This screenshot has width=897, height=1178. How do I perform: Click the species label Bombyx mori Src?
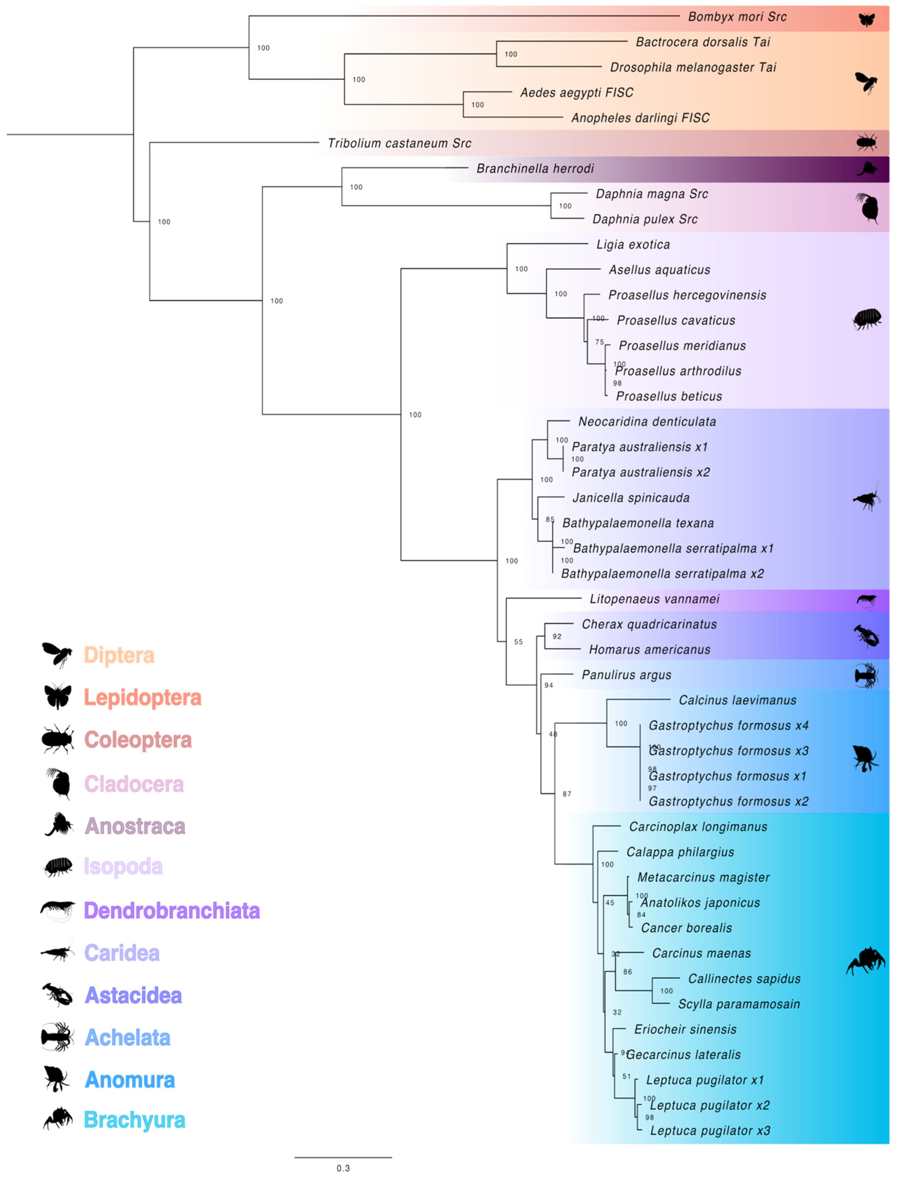coord(737,17)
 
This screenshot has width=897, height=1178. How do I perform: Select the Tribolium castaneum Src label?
coord(399,143)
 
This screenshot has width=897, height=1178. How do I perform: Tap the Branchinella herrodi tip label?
coord(535,169)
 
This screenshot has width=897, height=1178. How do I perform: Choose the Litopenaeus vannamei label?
coord(654,599)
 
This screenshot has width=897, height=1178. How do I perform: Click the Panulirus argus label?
coord(626,675)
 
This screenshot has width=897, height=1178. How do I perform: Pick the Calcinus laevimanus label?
coord(737,700)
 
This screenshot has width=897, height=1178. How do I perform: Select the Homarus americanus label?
coord(649,650)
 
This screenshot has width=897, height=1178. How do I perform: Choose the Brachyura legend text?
coord(134,1120)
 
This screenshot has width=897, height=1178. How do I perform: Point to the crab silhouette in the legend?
coord(58,1119)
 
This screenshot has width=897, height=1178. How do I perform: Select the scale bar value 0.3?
coord(343,1168)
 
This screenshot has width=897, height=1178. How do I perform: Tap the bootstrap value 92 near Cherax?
coord(557,636)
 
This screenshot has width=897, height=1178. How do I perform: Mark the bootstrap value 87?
coord(567,794)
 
